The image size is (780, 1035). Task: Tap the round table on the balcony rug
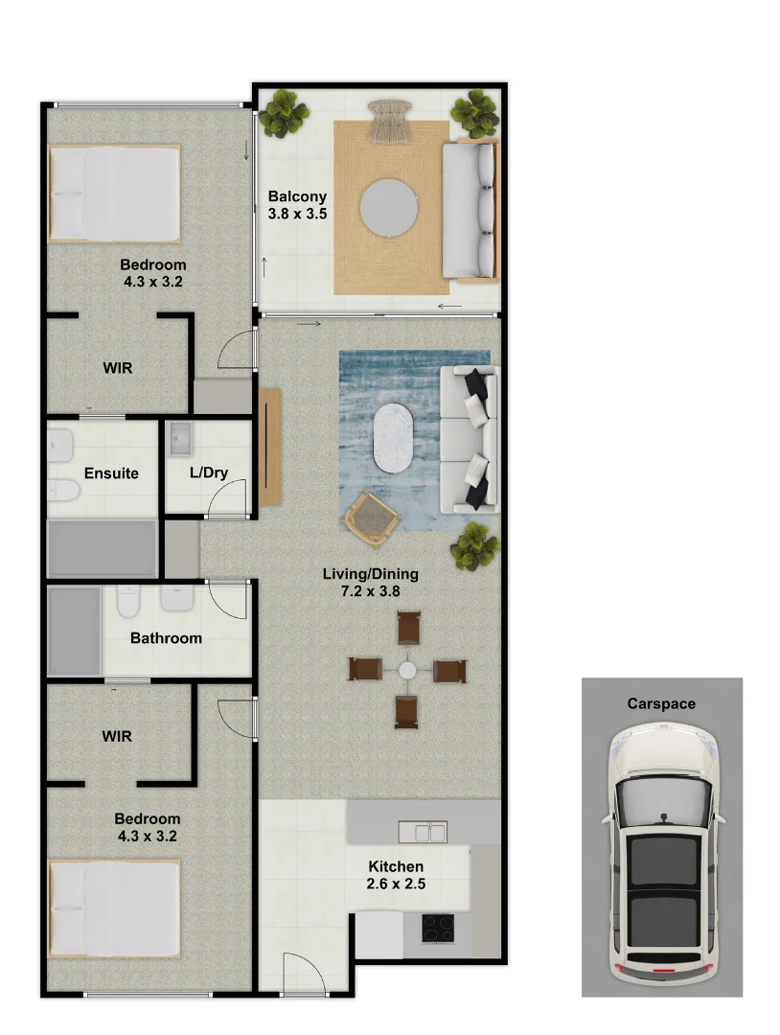click(x=389, y=207)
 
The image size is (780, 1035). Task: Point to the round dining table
click(x=408, y=670)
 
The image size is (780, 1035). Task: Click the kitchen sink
click(x=423, y=832)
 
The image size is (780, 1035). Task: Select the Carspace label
click(x=661, y=703)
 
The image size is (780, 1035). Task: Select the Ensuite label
click(x=111, y=472)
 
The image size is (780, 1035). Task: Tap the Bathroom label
click(x=166, y=637)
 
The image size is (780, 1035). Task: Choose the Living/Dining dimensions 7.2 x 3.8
click(x=370, y=591)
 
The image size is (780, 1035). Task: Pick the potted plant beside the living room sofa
click(x=475, y=546)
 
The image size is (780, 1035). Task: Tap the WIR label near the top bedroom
click(x=118, y=367)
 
